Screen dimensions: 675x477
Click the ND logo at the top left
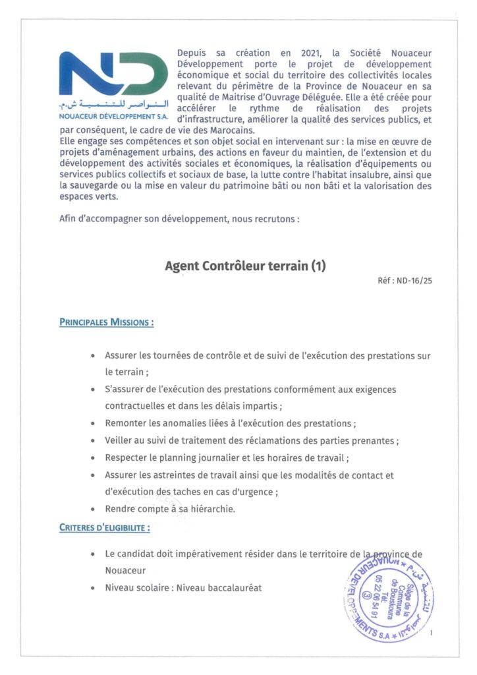tap(113, 74)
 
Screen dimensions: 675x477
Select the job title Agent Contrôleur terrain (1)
tap(245, 266)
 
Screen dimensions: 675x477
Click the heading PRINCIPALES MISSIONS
tap(106, 323)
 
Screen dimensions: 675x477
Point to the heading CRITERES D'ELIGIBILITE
tap(104, 527)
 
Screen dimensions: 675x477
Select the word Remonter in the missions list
tap(126, 423)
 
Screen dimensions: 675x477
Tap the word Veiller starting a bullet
tap(119, 440)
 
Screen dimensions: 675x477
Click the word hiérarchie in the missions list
tap(210, 509)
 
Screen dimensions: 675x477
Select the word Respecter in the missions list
tap(127, 457)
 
